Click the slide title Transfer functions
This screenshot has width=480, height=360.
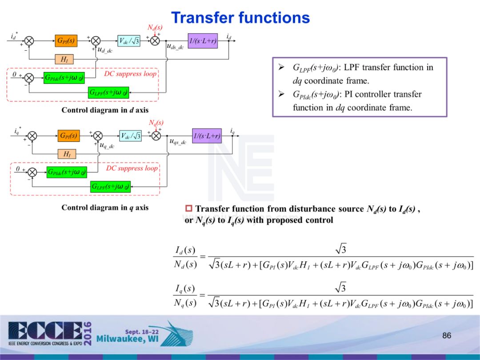tap(240, 18)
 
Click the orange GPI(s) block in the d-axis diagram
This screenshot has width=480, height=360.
tap(65, 40)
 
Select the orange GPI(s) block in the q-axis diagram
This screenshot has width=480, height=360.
tap(68, 136)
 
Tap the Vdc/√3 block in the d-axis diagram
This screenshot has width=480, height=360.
tap(129, 40)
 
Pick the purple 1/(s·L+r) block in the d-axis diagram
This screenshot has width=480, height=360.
tap(203, 40)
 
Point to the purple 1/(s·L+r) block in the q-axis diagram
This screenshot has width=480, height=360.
tap(207, 136)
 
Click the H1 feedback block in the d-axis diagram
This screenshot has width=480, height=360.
tap(64, 59)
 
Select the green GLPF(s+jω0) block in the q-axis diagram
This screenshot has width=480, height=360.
tap(110, 187)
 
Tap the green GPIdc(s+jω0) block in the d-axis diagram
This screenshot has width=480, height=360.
tap(64, 78)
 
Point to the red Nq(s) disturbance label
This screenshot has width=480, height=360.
tap(156, 122)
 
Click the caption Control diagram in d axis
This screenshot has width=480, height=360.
tap(105, 110)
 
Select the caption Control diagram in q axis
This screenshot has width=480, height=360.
tap(105, 208)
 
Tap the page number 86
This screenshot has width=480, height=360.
tap(447, 336)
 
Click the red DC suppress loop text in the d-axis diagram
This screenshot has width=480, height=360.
tap(130, 74)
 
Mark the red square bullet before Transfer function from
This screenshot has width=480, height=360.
tap(188, 209)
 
